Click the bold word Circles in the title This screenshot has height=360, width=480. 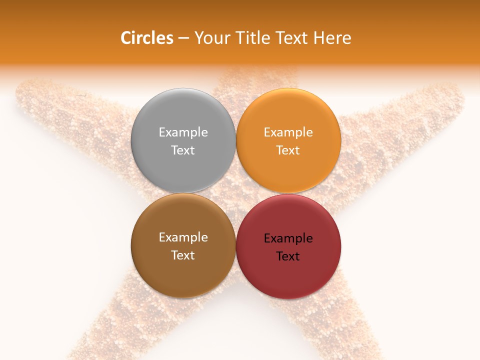pos(147,38)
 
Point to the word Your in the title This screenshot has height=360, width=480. pos(211,38)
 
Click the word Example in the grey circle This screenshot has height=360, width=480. pos(183,132)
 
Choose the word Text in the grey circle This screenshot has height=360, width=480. pos(183,150)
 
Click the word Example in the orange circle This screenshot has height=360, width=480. pos(288,132)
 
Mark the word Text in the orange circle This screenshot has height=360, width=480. pos(288,150)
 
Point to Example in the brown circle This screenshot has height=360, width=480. pos(183,237)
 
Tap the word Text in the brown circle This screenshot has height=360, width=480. pos(183,255)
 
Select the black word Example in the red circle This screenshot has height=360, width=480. pos(288,238)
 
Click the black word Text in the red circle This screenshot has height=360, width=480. pos(288,256)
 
